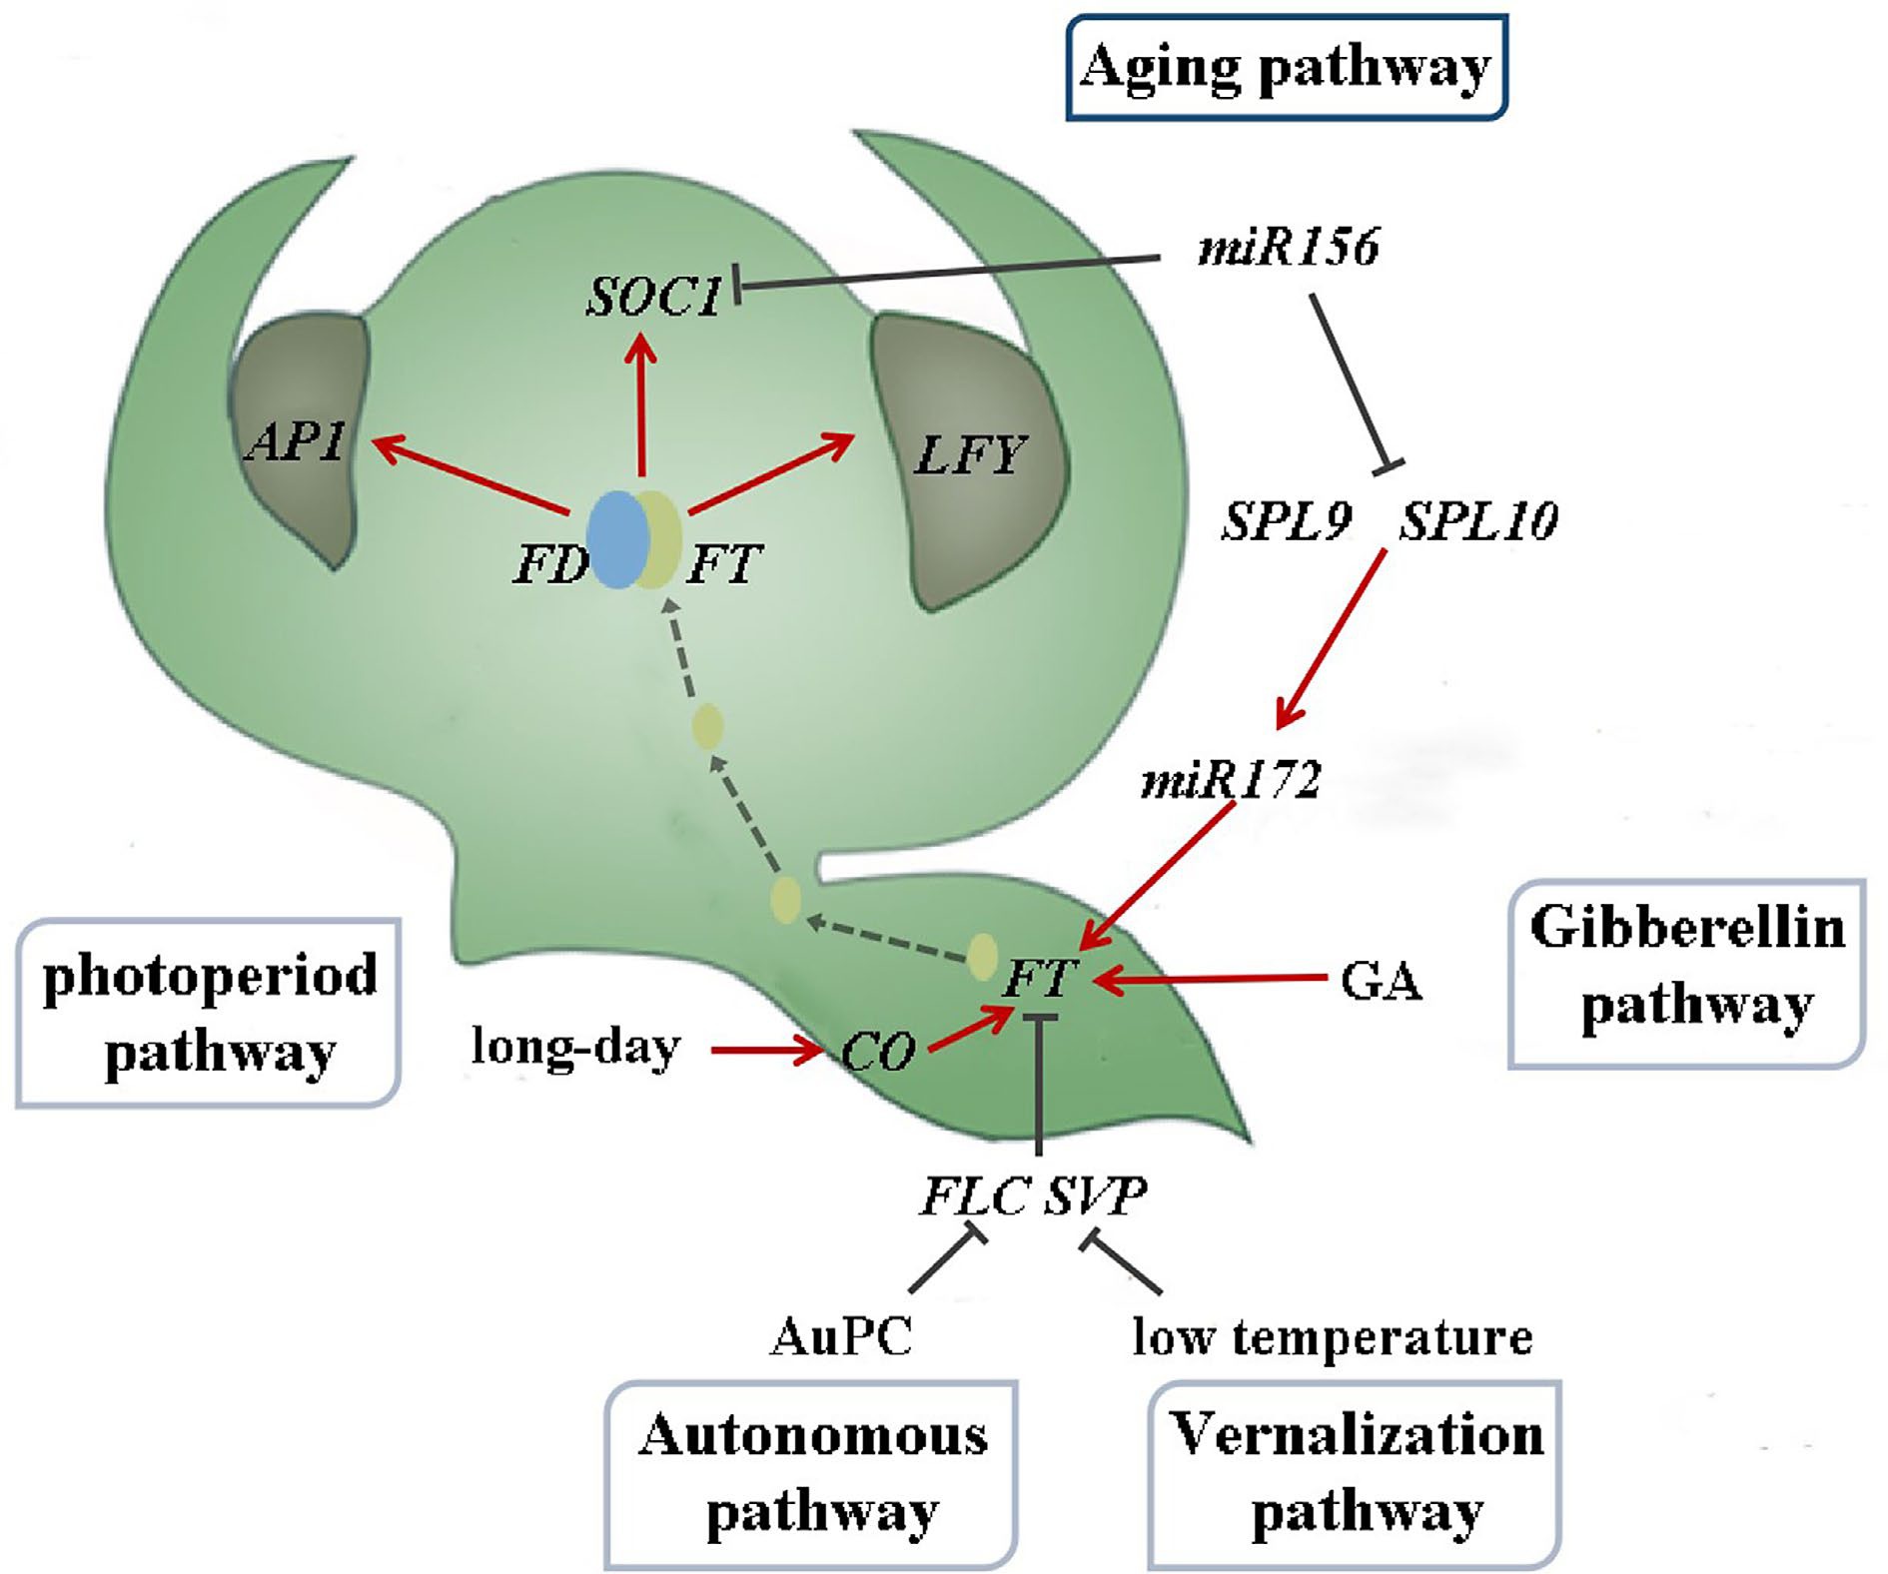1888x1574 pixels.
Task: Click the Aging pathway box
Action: [1287, 68]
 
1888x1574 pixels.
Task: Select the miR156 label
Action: [1288, 247]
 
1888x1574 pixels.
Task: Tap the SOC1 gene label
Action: [654, 297]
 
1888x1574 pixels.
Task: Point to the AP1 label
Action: [297, 440]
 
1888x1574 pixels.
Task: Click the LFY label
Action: [968, 456]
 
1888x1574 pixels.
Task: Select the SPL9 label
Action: [1288, 521]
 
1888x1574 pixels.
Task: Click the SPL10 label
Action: [1477, 521]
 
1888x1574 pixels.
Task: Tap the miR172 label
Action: [1231, 780]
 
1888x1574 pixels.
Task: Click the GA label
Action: [1381, 983]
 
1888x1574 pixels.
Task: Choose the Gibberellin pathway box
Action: [1686, 974]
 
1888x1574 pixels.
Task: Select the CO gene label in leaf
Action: [877, 1052]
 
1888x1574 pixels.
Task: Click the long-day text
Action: [575, 1049]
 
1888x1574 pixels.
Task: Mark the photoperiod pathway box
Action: [209, 1013]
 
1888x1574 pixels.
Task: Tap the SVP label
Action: [1096, 1195]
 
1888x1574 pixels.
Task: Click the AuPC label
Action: [841, 1337]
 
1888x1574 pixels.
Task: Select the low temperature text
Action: [1332, 1336]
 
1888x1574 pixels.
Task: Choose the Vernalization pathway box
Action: [1355, 1474]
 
